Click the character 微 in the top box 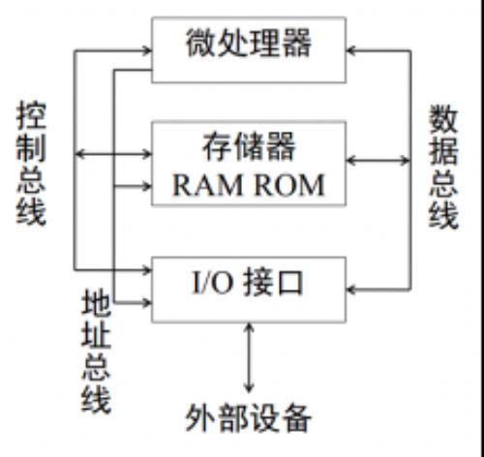[x=199, y=44]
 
